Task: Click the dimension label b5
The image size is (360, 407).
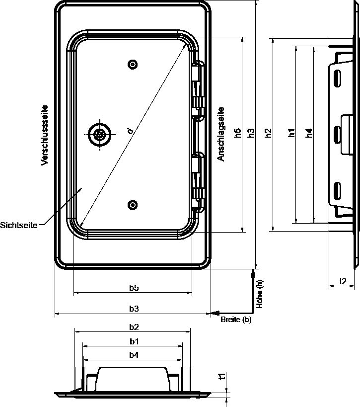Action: point(134,288)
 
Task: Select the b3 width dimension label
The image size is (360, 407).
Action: point(134,309)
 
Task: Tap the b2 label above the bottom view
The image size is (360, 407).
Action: point(134,327)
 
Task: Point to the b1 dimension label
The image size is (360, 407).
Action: point(134,341)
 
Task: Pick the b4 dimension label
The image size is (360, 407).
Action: point(134,355)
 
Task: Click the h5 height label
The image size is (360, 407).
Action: point(237,133)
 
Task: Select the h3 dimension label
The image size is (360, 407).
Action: point(251,133)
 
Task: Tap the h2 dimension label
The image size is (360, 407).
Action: point(268,133)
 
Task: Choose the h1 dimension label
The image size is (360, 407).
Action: point(291,133)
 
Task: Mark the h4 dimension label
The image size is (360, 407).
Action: point(309,133)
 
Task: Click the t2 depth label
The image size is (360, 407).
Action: point(343,281)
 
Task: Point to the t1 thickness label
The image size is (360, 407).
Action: point(222,376)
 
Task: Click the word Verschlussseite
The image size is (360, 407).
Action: point(45,135)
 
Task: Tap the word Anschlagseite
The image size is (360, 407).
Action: point(221,134)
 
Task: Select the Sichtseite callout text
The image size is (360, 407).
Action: point(19,225)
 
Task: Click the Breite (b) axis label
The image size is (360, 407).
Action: point(236,319)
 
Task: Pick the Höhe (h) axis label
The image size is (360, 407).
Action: point(260,294)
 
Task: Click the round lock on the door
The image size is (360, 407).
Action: point(100,135)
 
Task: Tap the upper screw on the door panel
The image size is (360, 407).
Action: point(133,64)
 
